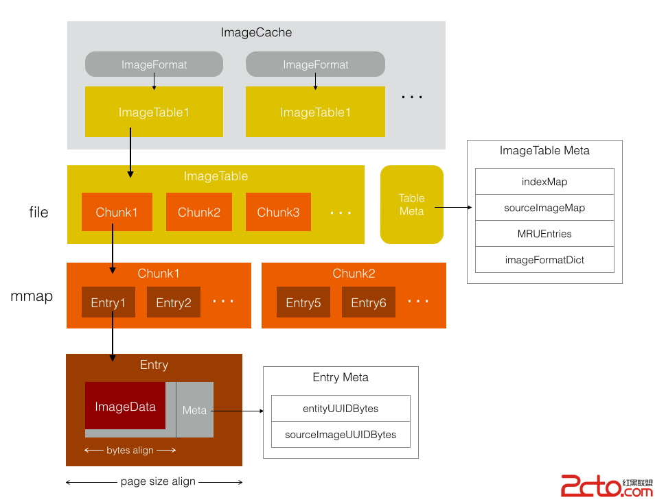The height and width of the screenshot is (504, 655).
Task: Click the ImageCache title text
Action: tap(256, 32)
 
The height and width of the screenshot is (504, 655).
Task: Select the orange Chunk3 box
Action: tap(278, 212)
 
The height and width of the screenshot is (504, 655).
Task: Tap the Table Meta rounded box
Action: tap(412, 204)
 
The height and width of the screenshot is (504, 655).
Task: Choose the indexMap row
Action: tap(544, 182)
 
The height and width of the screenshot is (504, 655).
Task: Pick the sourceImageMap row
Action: tap(544, 208)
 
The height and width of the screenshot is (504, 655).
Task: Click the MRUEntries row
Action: tap(544, 234)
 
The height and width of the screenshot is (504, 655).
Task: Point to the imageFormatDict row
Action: tap(544, 260)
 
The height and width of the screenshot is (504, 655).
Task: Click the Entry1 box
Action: tap(108, 302)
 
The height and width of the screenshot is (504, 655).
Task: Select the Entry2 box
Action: tap(174, 302)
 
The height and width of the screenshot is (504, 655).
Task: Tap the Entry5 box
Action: tap(303, 302)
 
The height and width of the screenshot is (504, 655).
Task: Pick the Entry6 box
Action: tap(369, 302)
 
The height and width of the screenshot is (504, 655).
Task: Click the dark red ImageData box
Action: tap(126, 406)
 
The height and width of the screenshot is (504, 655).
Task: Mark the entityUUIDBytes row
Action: tap(341, 409)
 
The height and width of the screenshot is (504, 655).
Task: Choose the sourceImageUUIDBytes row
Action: tap(341, 435)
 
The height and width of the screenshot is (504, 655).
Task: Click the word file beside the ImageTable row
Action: tap(38, 213)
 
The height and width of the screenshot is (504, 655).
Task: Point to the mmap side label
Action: tap(32, 297)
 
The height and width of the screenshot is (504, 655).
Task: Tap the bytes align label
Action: tap(130, 451)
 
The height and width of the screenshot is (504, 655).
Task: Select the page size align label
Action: tap(158, 481)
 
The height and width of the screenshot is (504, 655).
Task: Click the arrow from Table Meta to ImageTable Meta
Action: tap(452, 206)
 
